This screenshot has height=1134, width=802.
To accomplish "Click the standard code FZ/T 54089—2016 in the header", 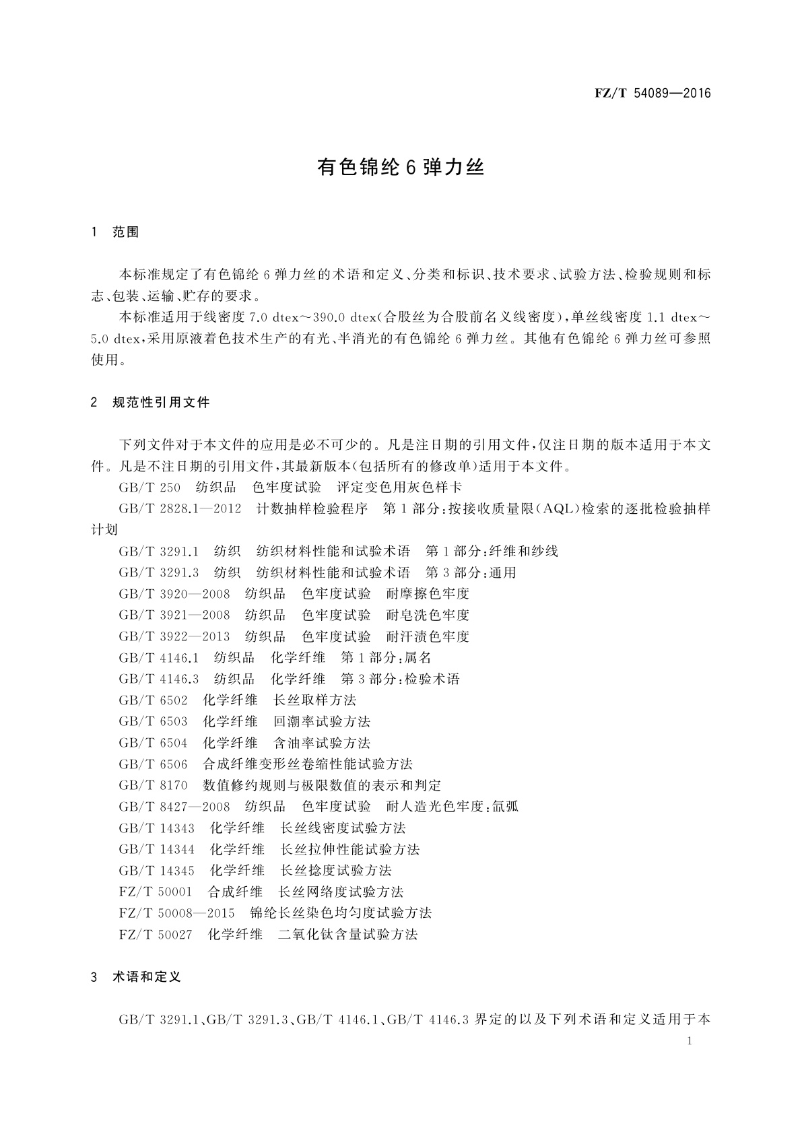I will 653,94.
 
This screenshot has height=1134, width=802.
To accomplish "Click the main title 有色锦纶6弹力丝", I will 401,168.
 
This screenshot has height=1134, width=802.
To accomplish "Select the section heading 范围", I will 126,232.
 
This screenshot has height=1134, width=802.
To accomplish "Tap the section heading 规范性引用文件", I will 161,403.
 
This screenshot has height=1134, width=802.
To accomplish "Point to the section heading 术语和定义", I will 147,976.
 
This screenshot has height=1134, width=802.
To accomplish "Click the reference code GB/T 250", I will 149,488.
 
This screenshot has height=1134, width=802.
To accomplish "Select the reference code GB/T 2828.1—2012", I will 180,509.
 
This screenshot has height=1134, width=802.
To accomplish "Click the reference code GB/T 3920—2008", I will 174,594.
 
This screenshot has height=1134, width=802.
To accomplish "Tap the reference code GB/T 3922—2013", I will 174,636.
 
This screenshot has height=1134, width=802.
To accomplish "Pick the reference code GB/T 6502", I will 154,700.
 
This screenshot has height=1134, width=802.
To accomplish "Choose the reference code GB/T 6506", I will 154,764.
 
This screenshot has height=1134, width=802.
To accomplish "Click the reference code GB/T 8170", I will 154,785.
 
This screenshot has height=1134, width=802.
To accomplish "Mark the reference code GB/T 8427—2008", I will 174,807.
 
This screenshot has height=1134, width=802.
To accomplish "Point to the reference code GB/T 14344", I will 157,849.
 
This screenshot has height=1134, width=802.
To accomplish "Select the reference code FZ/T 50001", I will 156,892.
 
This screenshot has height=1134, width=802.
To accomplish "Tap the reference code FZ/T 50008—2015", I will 176,913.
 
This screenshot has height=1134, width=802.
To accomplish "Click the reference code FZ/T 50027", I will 156,934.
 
